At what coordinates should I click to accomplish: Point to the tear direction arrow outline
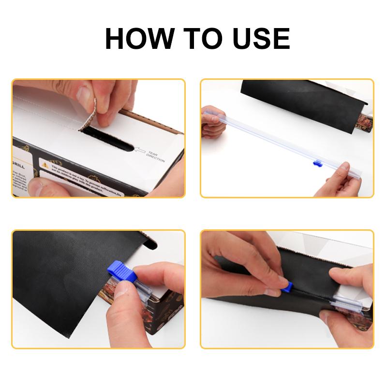(141, 151)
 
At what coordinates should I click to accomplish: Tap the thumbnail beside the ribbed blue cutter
(127, 290)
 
